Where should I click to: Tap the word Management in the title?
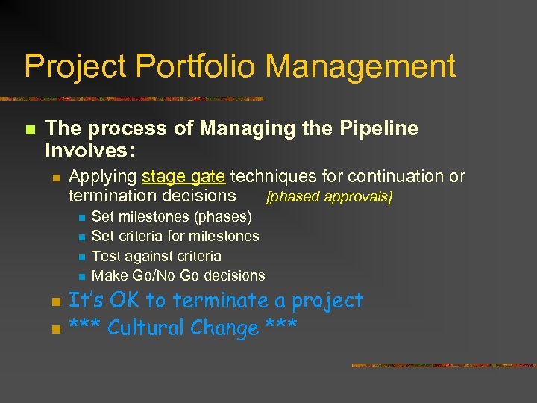[360, 66]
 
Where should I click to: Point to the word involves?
[89, 151]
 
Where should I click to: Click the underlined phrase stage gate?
[183, 177]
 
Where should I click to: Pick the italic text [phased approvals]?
[329, 197]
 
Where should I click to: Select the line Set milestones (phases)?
[172, 217]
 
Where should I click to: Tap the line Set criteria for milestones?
[175, 237]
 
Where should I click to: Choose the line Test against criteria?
[156, 256]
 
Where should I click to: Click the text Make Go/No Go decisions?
[178, 275]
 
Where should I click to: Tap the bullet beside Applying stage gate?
[54, 178]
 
